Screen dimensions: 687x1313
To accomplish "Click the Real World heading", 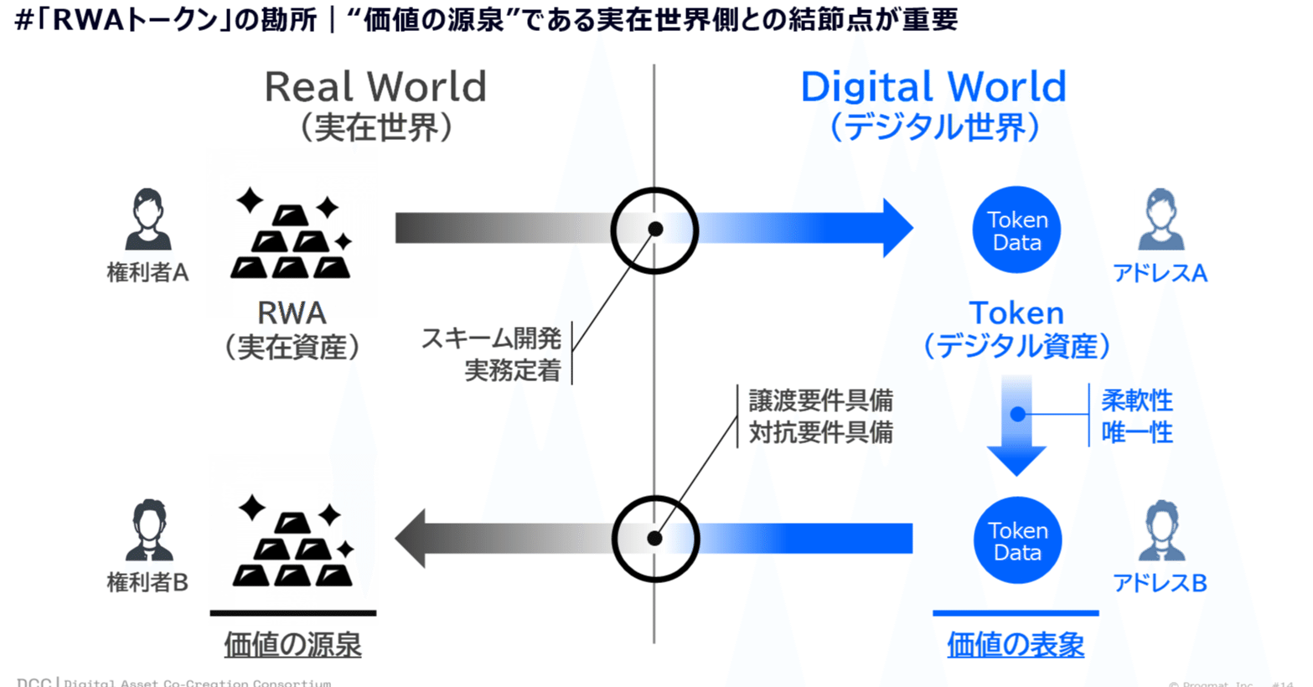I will (375, 87).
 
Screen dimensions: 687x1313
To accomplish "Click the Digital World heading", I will (933, 87).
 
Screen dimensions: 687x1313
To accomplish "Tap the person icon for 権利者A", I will (147, 220).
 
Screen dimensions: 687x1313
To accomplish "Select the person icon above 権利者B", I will (148, 530).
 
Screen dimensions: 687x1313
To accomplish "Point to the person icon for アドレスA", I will (1161, 220).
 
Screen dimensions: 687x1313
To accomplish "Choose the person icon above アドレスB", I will (1161, 530).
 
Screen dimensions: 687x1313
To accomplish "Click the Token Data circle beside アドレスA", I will (1016, 230).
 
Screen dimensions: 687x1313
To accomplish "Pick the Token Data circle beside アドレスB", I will (1017, 540).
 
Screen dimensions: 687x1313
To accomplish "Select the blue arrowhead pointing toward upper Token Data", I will (895, 228).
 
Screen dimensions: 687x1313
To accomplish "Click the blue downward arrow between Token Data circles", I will (1016, 427).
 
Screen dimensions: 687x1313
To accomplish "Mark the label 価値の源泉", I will (292, 644).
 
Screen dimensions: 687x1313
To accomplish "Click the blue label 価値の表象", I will (1016, 644).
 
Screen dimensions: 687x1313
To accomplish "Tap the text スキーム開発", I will (491, 338).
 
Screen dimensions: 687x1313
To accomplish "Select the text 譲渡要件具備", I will (820, 400).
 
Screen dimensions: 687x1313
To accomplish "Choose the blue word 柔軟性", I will (1136, 400).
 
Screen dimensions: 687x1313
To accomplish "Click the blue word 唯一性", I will (1136, 432).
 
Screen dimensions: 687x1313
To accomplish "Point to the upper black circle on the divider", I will (654, 230).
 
